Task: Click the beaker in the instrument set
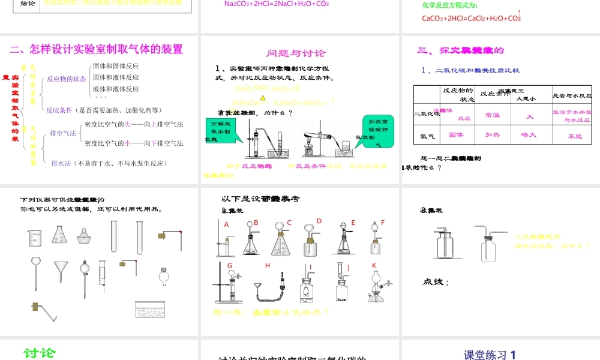point(34,237)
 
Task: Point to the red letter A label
point(227,224)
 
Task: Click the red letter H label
point(268,265)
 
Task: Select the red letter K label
point(374,265)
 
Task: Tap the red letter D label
point(319,221)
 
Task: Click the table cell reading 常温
point(493,115)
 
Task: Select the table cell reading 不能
point(574,136)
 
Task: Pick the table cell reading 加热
point(493,135)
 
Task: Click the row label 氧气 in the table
point(427,136)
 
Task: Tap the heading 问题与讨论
point(296,53)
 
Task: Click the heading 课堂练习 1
point(490,355)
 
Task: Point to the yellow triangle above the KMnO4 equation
point(262,97)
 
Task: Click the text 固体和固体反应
point(116,66)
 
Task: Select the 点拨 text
point(436,282)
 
